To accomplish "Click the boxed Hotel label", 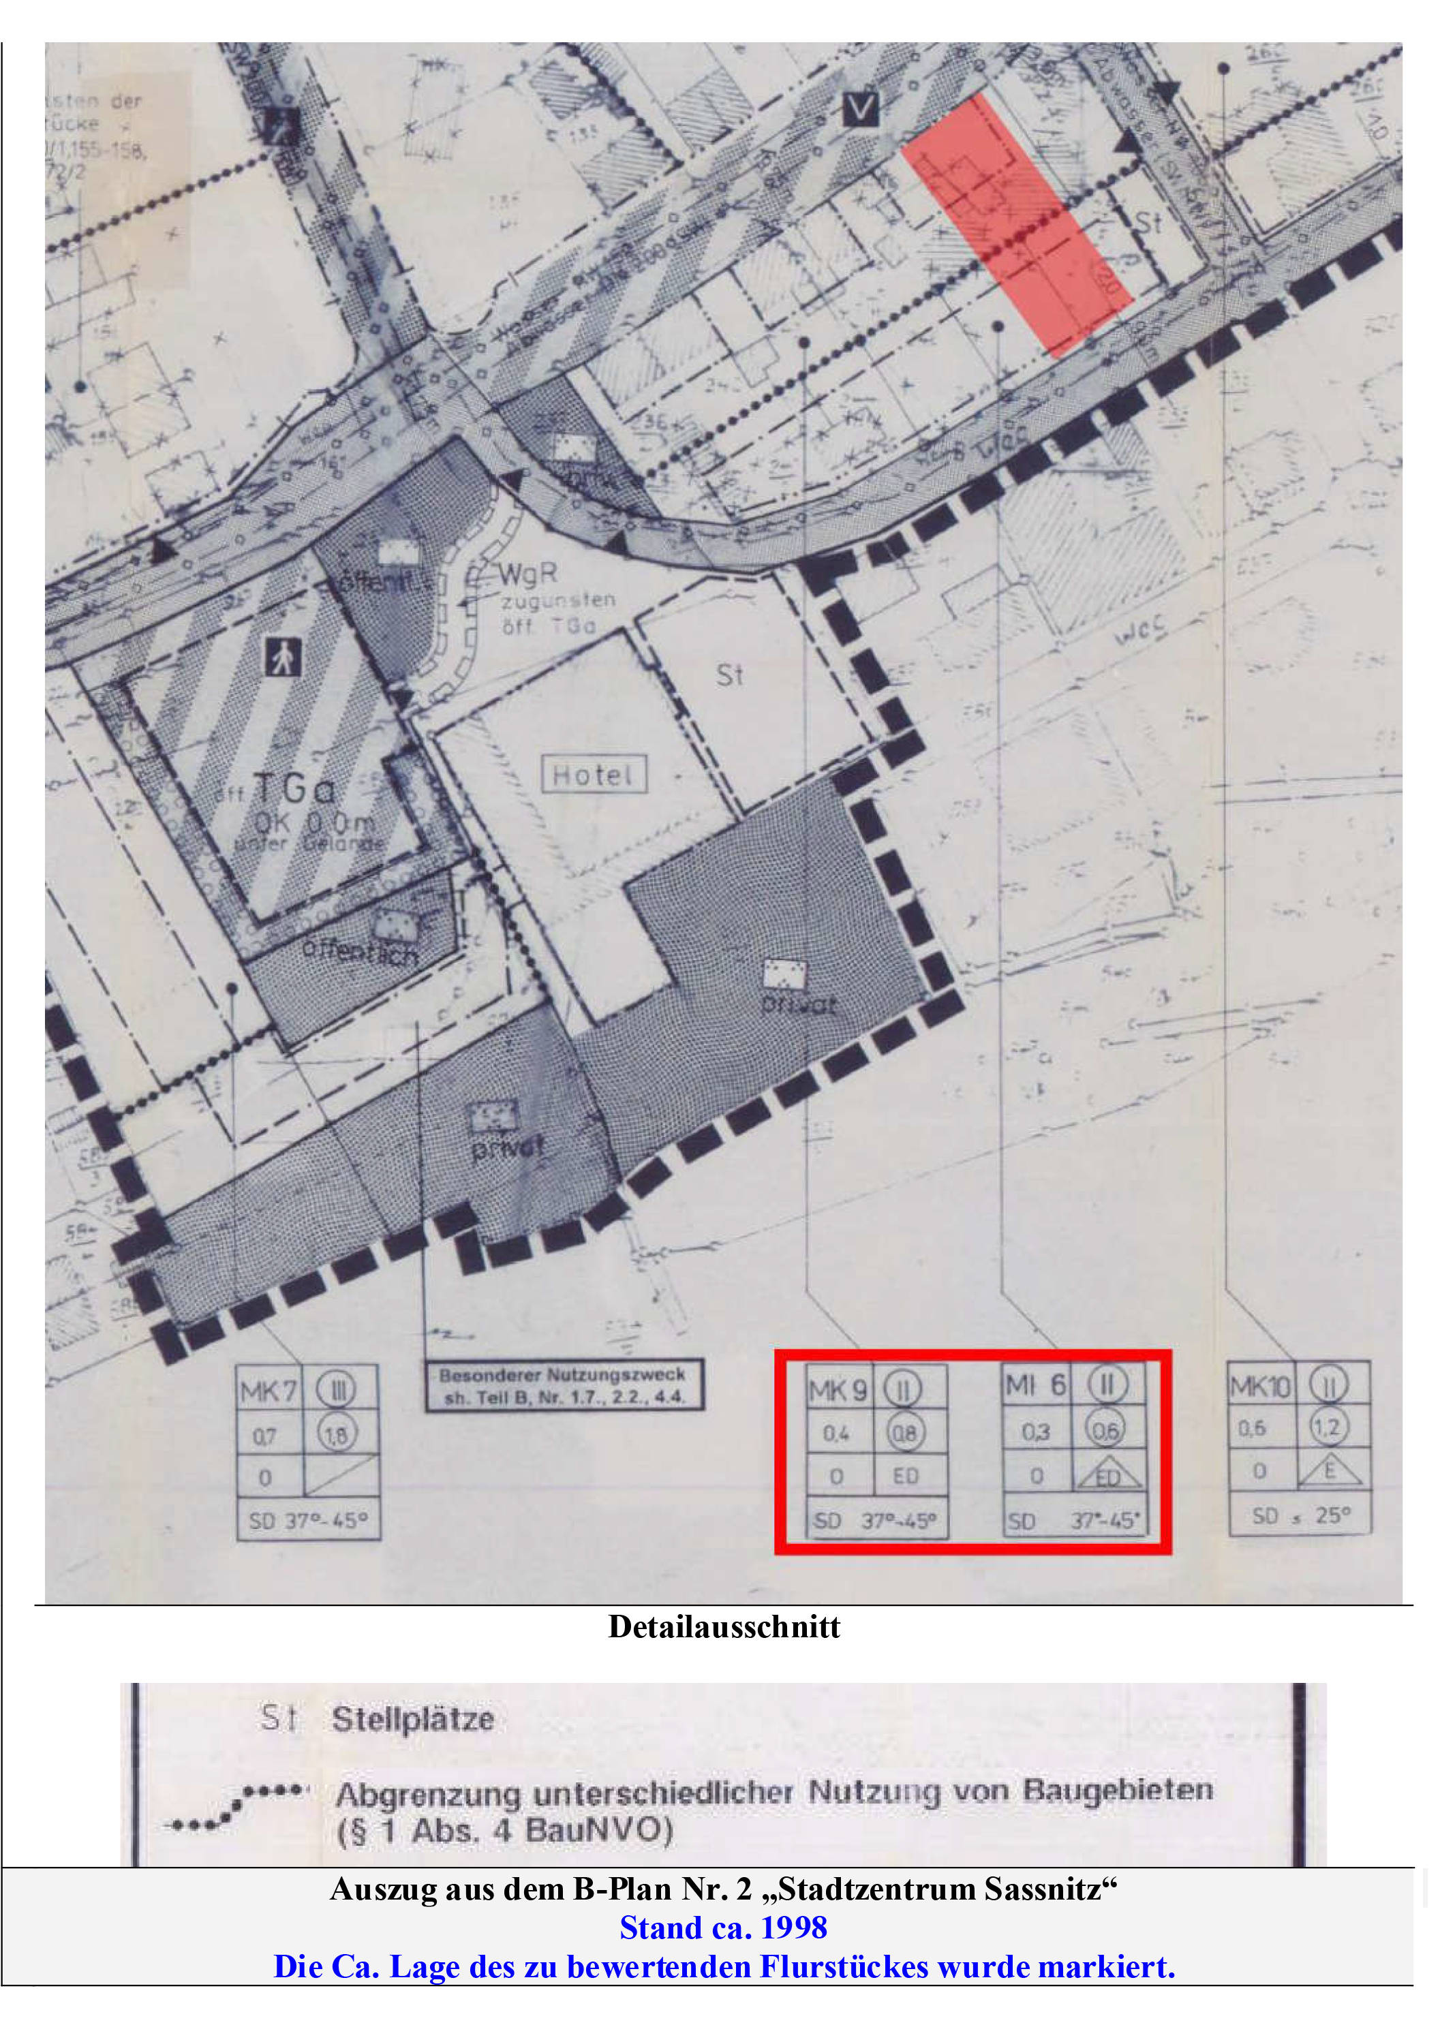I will click(x=593, y=775).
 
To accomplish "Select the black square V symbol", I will click(x=860, y=109).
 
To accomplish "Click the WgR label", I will click(x=527, y=574).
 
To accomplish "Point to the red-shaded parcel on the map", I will click(x=1015, y=226).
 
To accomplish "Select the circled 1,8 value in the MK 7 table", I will click(x=336, y=1435).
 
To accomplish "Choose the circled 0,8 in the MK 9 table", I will click(x=904, y=1433).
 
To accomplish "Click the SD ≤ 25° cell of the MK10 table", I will click(x=1300, y=1515).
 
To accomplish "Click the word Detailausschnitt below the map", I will click(x=724, y=1627).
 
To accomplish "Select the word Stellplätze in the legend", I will click(x=412, y=1720).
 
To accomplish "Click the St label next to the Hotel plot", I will click(x=729, y=675).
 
